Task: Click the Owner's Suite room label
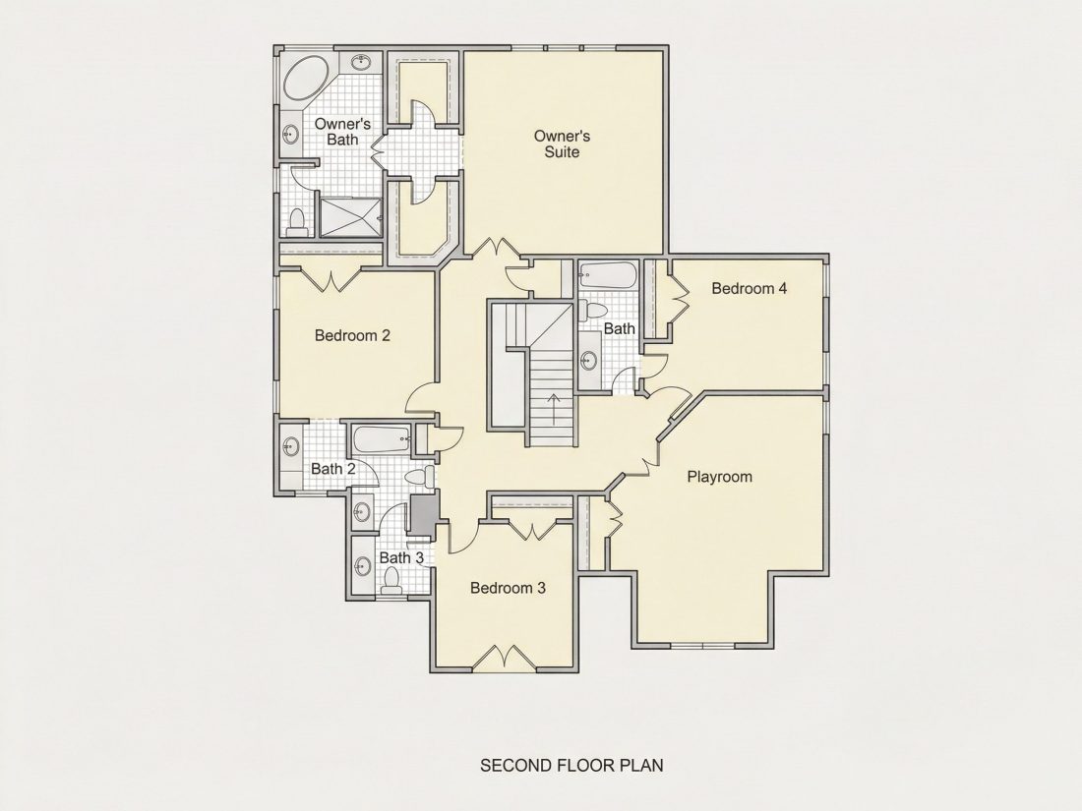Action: point(562,145)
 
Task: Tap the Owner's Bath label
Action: point(342,132)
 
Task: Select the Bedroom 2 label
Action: point(352,336)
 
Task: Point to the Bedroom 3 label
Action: point(508,588)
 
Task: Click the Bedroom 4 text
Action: point(750,288)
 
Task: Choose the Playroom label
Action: point(720,477)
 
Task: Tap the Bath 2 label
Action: point(333,469)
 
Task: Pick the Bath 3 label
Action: point(401,557)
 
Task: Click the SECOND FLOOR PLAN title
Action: point(572,766)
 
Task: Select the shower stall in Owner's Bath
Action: point(350,217)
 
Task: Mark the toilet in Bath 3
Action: point(391,581)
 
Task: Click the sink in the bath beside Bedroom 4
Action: point(589,361)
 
